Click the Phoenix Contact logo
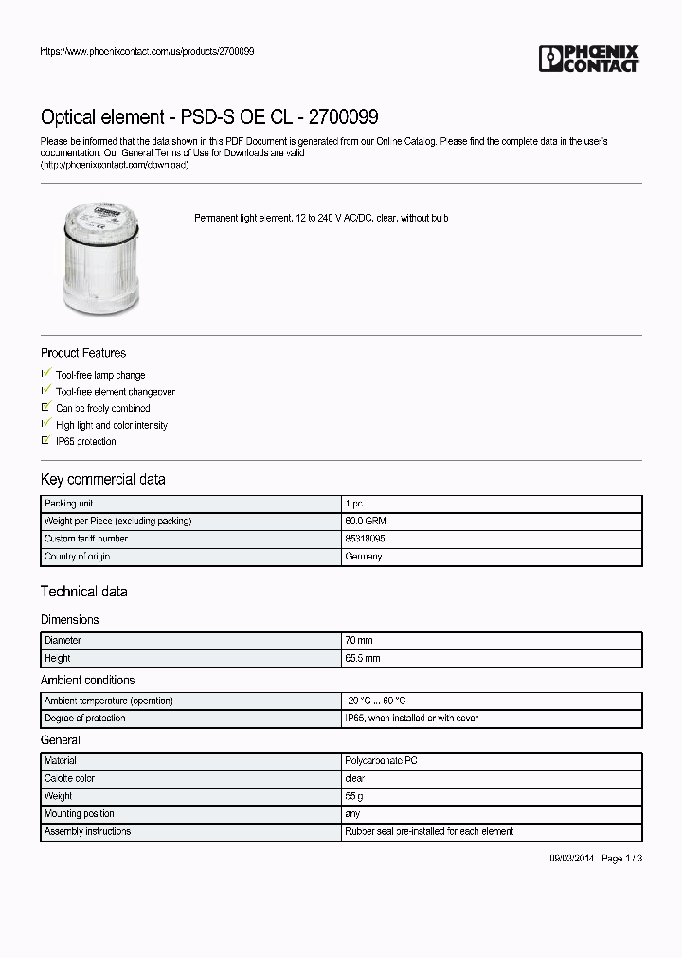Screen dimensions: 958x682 [x=589, y=59]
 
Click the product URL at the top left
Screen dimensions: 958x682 [x=147, y=51]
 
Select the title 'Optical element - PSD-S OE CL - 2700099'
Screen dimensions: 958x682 [x=209, y=117]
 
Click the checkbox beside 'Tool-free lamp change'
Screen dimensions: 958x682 [x=45, y=375]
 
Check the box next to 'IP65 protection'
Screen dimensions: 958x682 [x=45, y=441]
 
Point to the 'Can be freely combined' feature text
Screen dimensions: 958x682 [x=102, y=408]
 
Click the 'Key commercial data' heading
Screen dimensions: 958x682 [x=102, y=479]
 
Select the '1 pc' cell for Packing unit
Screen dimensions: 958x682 [x=353, y=504]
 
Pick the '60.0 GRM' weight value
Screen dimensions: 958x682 [x=365, y=522]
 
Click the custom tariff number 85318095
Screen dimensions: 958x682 [x=365, y=539]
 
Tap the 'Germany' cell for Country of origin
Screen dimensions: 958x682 [x=364, y=557]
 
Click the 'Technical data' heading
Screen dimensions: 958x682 [x=83, y=592]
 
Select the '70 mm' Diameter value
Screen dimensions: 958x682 [x=359, y=641]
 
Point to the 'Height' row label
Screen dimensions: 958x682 [x=58, y=658]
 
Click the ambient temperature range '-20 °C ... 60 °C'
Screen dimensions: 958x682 [x=375, y=701]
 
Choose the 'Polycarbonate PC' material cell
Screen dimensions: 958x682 [x=381, y=761]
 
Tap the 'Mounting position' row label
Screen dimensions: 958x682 [x=80, y=814]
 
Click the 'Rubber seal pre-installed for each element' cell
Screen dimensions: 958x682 [x=429, y=831]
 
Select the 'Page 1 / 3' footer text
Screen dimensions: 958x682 [x=622, y=858]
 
